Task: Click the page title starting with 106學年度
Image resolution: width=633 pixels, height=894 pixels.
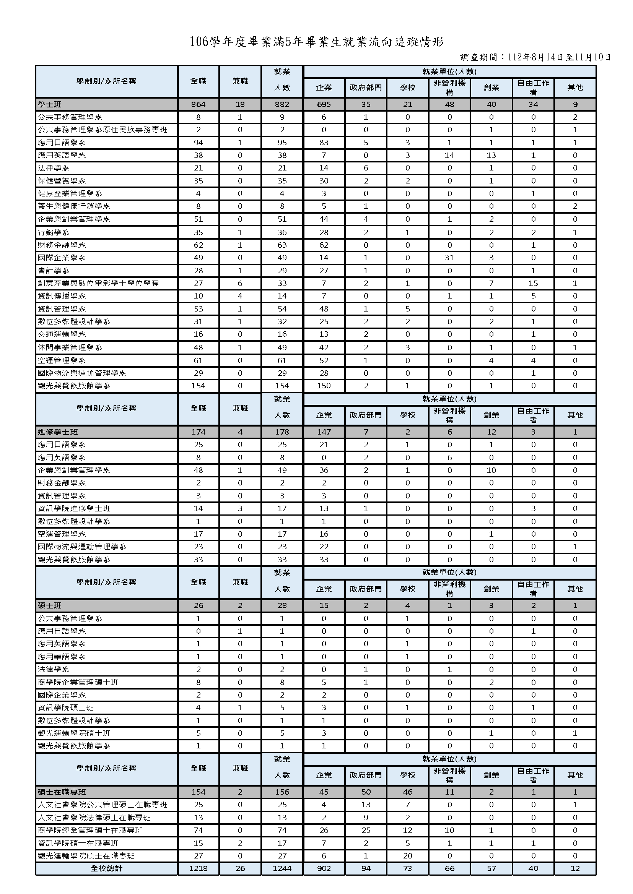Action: click(317, 42)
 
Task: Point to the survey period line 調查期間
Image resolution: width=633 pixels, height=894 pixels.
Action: click(535, 57)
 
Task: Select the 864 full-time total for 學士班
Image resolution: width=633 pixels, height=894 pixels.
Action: click(198, 104)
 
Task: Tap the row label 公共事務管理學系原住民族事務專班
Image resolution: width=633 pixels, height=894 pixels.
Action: click(103, 130)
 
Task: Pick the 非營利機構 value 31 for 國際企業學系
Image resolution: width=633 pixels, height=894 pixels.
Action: click(449, 258)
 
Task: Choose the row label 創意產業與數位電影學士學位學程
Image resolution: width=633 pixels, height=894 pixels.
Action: click(98, 283)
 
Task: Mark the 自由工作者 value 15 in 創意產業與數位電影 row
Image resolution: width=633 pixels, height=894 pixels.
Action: click(533, 283)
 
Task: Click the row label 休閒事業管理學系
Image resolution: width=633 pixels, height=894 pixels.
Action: click(70, 347)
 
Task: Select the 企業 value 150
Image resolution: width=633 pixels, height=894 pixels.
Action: click(324, 386)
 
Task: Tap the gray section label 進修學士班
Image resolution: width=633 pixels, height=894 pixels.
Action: click(58, 432)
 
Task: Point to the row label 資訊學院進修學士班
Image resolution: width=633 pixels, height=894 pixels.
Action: click(74, 508)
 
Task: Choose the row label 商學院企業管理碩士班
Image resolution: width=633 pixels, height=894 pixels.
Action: click(78, 682)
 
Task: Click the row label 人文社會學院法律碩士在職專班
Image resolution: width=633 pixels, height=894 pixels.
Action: click(94, 817)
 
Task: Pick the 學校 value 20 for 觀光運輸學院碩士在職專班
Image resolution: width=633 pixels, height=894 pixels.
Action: click(407, 855)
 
